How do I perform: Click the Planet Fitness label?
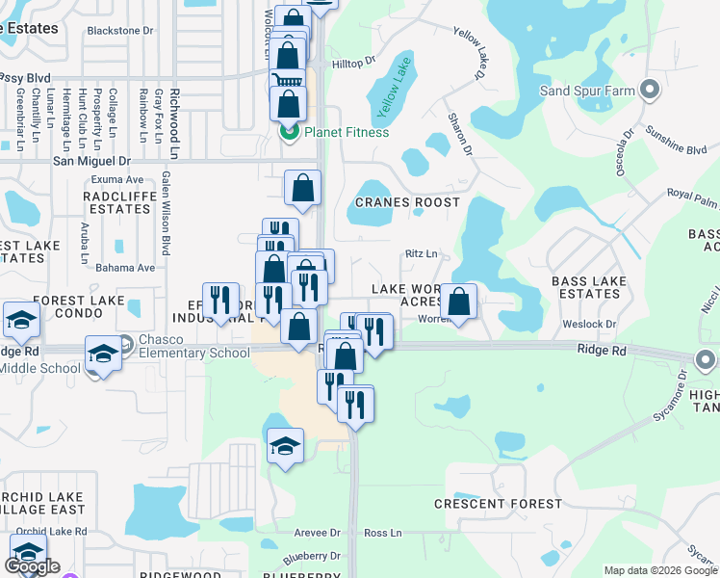pos(347,131)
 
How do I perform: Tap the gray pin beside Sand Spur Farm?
pos(650,91)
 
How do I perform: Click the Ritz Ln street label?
pos(422,254)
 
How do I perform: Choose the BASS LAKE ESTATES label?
pos(589,288)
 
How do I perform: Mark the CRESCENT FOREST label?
pos(498,504)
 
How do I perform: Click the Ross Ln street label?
pos(382,533)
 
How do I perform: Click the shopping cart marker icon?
pos(287,84)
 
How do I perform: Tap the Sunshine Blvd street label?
pos(677,141)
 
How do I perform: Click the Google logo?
pos(32,566)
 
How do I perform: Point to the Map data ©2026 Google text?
pos(659,570)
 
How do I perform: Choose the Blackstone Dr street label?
pos(120,30)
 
